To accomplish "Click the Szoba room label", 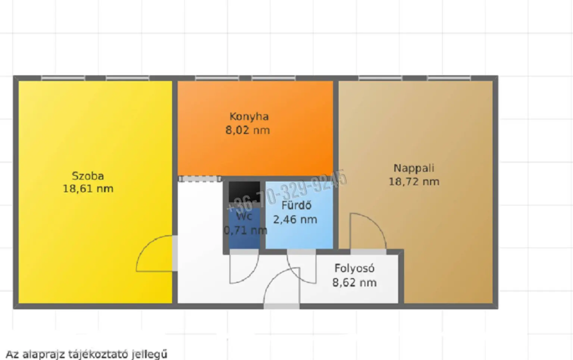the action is click(88, 176).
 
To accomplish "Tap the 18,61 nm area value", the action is click(88, 189).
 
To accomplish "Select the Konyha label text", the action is click(249, 117).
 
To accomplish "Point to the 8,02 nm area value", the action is click(248, 130).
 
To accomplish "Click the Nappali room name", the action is click(414, 168).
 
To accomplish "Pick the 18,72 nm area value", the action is click(414, 182).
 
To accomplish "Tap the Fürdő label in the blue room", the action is click(297, 206).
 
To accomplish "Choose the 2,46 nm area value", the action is click(295, 219).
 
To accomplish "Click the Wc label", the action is click(244, 216).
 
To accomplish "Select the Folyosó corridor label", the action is click(354, 268).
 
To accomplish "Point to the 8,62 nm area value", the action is click(354, 283).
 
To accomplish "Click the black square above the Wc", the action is click(244, 192).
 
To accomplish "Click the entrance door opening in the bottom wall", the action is click(282, 306).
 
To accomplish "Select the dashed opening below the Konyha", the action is click(200, 179).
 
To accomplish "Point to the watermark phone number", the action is click(286, 191).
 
